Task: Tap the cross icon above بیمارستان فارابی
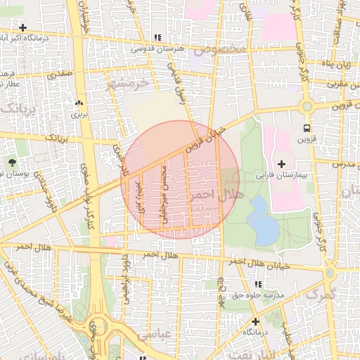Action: pyautogui.click(x=282, y=163)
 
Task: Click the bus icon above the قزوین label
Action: pyautogui.click(x=307, y=129)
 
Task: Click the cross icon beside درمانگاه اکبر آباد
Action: pyautogui.click(x=23, y=28)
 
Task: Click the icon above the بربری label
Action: pyautogui.click(x=78, y=103)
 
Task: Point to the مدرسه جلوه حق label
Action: pyautogui.click(x=258, y=296)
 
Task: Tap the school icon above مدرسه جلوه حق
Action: pyautogui.click(x=258, y=284)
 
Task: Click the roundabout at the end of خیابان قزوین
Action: pyautogui.click(x=307, y=107)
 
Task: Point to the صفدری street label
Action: pyautogui.click(x=59, y=73)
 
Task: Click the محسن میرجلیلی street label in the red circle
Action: pyautogui.click(x=165, y=195)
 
